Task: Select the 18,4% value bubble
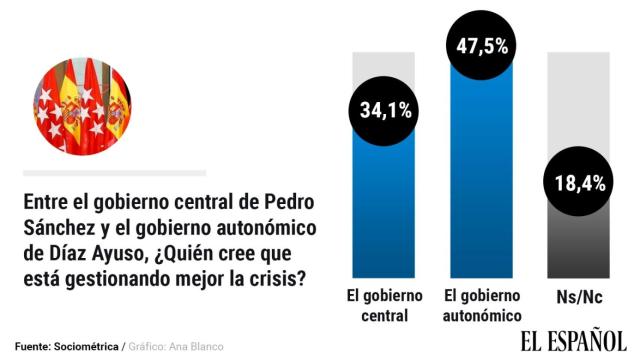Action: [576, 182]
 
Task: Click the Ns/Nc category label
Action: [576, 297]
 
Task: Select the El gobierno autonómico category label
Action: [480, 306]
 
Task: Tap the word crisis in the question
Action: [277, 277]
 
